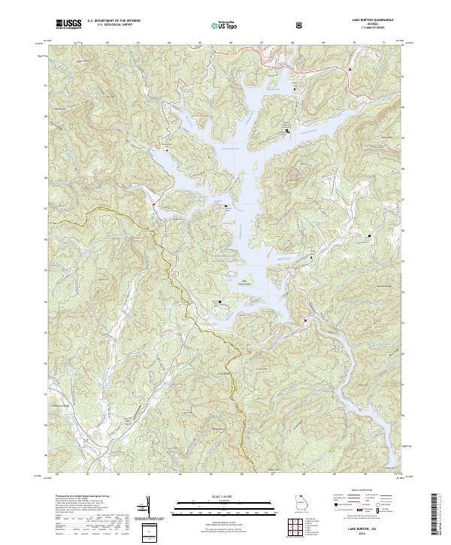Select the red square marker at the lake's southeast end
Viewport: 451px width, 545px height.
pyautogui.click(x=305, y=322)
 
